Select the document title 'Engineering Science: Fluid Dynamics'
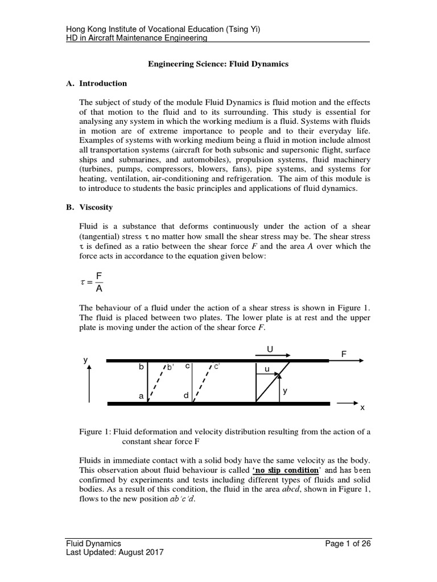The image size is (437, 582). click(218, 64)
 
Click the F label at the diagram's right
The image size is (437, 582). click(344, 354)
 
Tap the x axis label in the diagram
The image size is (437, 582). click(362, 408)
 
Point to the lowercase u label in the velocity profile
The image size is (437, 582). click(266, 369)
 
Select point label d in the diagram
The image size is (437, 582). click(186, 396)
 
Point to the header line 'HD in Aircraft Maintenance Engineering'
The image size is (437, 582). click(137, 38)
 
